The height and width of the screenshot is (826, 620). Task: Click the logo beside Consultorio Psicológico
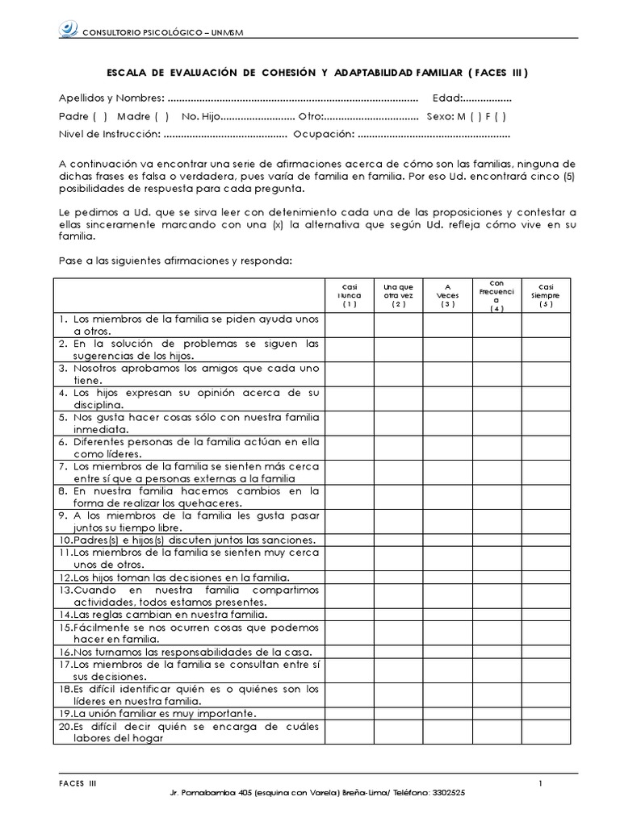pos(68,31)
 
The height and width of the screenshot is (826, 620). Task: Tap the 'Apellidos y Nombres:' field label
pos(111,98)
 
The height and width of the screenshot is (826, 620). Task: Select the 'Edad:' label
pos(447,98)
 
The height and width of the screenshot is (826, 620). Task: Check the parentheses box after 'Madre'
pos(161,116)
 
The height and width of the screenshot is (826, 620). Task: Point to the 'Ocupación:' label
pos(324,134)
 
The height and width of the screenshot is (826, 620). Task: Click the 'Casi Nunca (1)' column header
pos(349,295)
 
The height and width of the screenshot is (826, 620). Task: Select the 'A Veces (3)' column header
pos(448,295)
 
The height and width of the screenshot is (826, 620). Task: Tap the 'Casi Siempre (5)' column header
pos(546,295)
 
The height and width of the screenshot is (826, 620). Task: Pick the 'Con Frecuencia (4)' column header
pos(496,295)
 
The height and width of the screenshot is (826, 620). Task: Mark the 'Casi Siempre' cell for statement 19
pos(546,714)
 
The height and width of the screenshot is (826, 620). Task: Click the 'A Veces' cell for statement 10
pos(448,540)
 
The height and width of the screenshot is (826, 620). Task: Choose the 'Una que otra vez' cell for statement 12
pos(398,578)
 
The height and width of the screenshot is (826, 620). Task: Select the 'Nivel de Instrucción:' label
pos(110,134)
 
